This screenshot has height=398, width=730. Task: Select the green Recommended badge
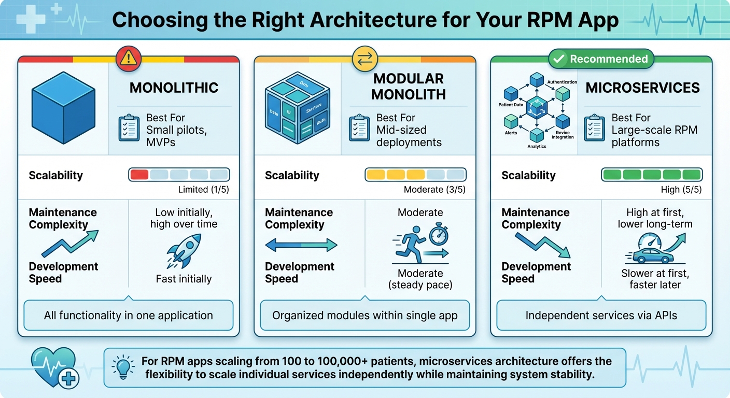(x=601, y=59)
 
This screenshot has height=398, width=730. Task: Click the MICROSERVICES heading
(x=642, y=88)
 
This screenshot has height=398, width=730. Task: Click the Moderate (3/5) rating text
(x=434, y=190)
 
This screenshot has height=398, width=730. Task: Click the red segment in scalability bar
(x=139, y=175)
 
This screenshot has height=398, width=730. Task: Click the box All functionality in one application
(x=129, y=315)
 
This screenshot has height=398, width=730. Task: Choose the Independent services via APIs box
(x=601, y=315)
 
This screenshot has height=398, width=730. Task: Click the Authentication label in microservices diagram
(x=562, y=82)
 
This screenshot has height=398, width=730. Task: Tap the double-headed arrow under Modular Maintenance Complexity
(x=301, y=245)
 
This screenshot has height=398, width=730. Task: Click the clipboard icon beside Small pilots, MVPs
(x=129, y=129)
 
